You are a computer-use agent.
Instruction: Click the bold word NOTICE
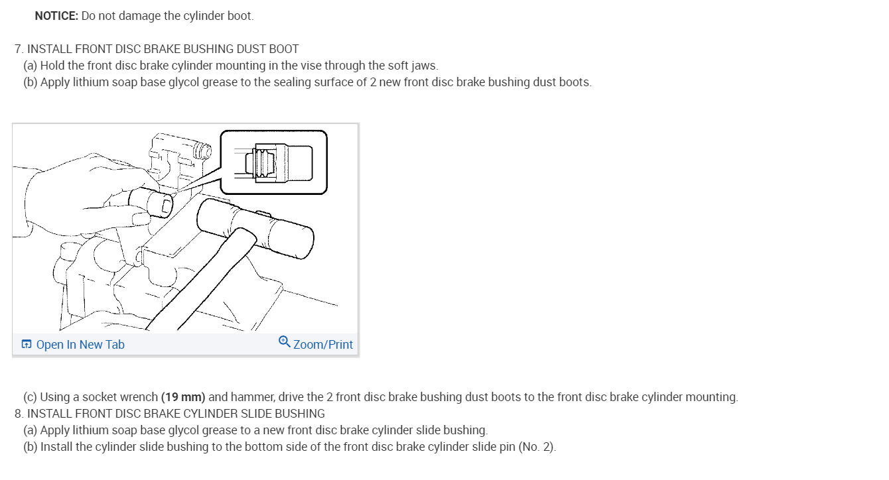tap(56, 16)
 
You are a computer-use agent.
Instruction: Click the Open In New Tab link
tap(80, 345)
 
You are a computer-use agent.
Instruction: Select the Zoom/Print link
tap(323, 345)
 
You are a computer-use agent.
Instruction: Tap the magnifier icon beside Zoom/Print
tap(284, 342)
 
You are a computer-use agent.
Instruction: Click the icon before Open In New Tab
tap(27, 344)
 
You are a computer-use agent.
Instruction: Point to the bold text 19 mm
tap(183, 397)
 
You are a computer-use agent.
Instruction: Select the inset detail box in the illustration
tap(273, 162)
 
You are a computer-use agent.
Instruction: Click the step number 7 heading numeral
tap(18, 49)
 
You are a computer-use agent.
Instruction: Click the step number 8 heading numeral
tap(18, 414)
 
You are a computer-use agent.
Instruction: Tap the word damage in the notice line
tap(140, 16)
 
